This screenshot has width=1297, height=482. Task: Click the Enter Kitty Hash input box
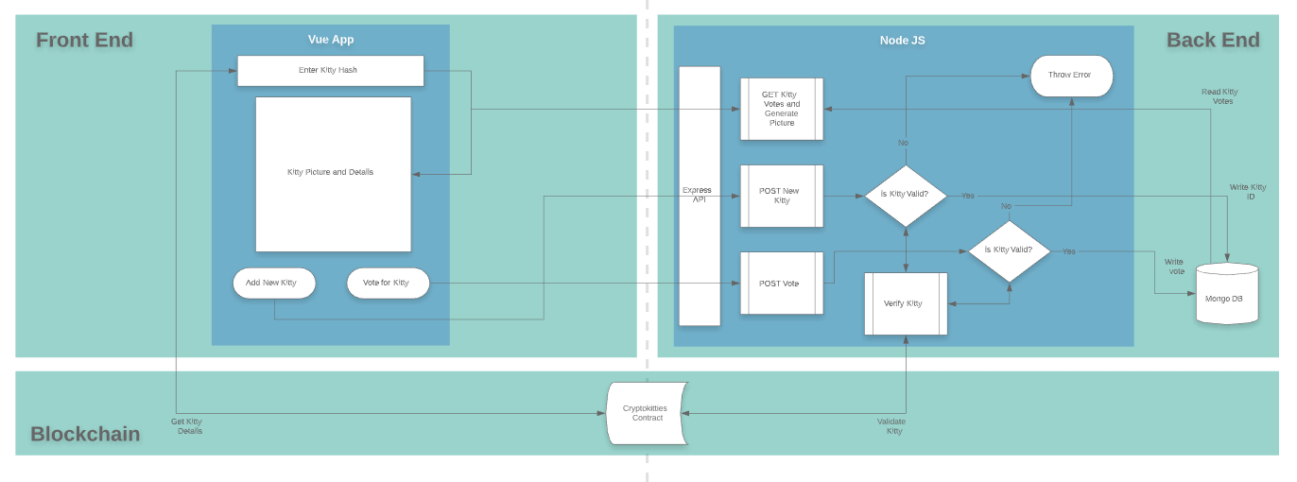[330, 70]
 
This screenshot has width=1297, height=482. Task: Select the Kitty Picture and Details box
[333, 174]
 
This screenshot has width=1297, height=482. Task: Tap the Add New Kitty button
[274, 283]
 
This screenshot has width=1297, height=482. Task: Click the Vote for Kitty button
[388, 283]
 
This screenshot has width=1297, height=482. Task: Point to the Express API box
[699, 196]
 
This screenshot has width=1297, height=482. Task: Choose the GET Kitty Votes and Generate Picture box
[781, 109]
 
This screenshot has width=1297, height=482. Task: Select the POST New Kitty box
[781, 196]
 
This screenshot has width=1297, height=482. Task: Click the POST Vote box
[781, 284]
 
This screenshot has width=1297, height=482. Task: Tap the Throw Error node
[1070, 75]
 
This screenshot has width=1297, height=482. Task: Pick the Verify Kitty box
[906, 303]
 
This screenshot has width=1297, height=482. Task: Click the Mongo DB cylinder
[1226, 296]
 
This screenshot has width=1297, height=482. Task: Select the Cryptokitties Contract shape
[646, 413]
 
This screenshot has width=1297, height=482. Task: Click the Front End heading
[84, 40]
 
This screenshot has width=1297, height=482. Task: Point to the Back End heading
[1212, 40]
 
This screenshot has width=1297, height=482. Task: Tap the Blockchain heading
[85, 434]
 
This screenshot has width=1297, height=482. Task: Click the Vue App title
[330, 40]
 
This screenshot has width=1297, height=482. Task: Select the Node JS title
[902, 40]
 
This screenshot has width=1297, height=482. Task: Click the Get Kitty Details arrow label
[186, 426]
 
